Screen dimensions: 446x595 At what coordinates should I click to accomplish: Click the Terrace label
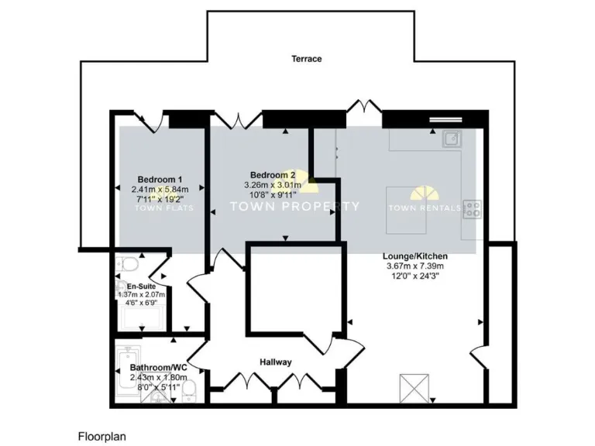[x=306, y=59]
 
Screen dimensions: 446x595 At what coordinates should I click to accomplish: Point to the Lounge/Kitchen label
[x=414, y=257]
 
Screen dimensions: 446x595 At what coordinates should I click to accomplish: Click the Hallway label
[x=275, y=362]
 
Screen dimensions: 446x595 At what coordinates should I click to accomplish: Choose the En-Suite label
[x=131, y=286]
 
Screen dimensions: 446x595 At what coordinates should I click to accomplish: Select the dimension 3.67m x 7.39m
[x=414, y=267]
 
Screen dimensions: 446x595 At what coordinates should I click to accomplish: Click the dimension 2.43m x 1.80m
[x=159, y=378]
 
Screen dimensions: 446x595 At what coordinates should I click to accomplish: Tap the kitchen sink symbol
[x=452, y=139]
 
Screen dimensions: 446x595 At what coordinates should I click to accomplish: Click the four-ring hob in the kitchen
[x=472, y=208]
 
